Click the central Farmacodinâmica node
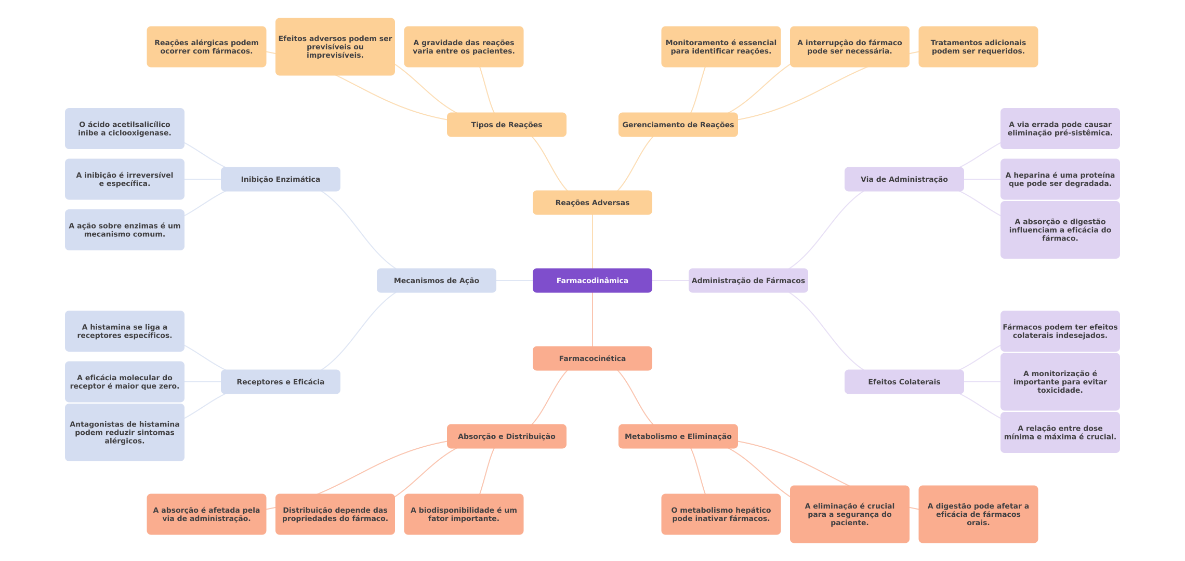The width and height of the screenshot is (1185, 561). coord(592,280)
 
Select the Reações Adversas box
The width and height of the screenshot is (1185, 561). coord(592,203)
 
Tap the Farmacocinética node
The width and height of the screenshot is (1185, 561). coord(592,358)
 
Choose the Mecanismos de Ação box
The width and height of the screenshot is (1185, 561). coord(437,280)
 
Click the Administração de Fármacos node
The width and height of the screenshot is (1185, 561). coord(748,280)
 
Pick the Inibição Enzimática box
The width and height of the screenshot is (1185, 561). coord(281,179)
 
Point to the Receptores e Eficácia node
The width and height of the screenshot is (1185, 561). coord(281,382)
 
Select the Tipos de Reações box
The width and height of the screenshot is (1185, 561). coord(507,125)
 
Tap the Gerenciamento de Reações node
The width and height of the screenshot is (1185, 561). coord(678,125)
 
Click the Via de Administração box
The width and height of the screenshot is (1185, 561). coord(904,179)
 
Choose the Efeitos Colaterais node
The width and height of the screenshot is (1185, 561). coord(904,382)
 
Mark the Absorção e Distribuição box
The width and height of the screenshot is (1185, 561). coord(507,436)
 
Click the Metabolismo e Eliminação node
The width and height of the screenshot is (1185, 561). coord(678,436)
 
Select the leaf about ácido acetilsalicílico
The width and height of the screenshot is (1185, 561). coord(125,128)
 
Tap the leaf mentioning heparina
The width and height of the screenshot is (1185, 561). coord(1060,179)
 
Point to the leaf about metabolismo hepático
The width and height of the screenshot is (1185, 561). coord(721,514)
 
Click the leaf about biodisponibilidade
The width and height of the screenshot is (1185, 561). coord(464,514)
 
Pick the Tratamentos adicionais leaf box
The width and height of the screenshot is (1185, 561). coord(978,47)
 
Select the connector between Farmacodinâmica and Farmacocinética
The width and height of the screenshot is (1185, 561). coord(592,319)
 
